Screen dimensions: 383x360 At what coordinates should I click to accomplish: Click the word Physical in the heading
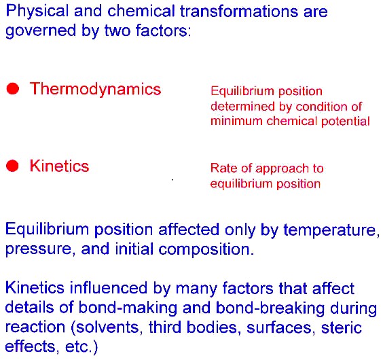[x=37, y=12]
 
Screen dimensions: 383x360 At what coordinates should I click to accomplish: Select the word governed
[x=41, y=31]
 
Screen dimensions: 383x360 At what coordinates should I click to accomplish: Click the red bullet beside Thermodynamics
[x=13, y=88]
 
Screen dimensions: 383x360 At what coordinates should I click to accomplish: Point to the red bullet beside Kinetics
[x=12, y=166]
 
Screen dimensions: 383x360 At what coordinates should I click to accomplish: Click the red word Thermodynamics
[x=95, y=89]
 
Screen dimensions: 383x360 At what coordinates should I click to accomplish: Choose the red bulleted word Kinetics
[x=59, y=166]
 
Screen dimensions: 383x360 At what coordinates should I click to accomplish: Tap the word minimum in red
[x=236, y=121]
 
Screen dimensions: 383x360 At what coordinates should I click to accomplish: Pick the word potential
[x=346, y=122]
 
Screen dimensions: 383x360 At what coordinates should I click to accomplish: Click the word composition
[x=206, y=249]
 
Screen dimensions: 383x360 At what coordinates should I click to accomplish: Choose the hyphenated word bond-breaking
[x=270, y=307]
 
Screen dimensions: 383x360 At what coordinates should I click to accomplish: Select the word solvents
[x=107, y=327]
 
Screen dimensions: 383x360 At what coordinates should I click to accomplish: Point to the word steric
[x=342, y=327]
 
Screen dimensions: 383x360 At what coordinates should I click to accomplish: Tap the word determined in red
[x=244, y=107]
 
